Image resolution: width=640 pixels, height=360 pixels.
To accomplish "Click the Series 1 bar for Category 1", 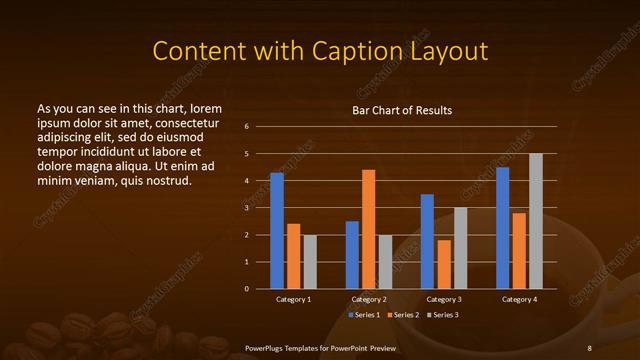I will pos(277,230).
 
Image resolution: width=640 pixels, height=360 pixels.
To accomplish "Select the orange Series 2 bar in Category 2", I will pos(368,229).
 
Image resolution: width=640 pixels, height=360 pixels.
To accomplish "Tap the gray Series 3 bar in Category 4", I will pos(535,221).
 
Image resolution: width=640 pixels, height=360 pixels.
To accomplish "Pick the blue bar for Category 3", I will pos(427,241).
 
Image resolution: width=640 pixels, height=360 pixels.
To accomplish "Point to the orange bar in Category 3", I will pos(443,264).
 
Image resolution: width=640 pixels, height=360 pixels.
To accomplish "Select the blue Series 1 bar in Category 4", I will pos(502,227).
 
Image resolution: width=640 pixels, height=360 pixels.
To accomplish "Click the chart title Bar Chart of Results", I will pos(402,110).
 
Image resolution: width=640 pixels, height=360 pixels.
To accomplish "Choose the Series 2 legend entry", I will pos(403,315).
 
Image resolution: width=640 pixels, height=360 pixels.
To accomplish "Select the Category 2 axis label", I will pos(369,300).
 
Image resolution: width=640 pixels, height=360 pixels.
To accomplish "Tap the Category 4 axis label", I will pos(519,300).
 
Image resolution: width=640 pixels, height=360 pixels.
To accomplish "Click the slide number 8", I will pos(589,347).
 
